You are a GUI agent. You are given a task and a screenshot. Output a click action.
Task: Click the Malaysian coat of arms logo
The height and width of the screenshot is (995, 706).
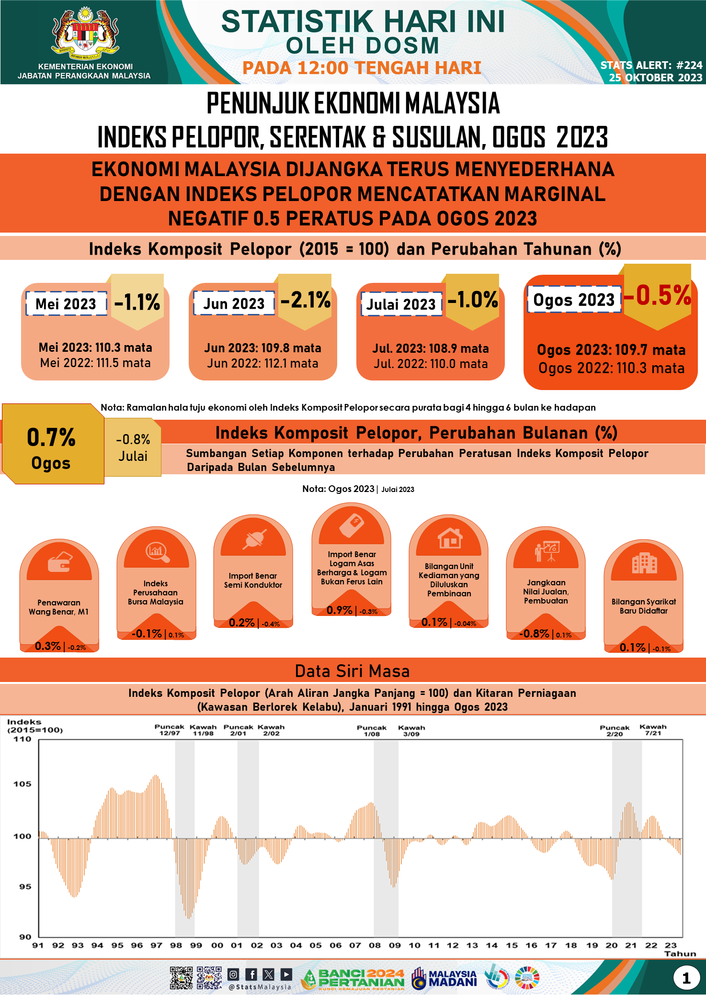(85, 32)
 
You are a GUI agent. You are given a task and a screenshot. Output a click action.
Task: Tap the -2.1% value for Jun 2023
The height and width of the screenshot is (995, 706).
(305, 300)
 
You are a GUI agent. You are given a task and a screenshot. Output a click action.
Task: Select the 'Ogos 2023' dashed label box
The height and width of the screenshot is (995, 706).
(574, 300)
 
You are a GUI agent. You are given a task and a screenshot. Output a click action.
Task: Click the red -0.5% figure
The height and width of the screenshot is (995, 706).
(658, 295)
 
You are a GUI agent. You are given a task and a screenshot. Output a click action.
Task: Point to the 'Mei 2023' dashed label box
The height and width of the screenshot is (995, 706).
(66, 304)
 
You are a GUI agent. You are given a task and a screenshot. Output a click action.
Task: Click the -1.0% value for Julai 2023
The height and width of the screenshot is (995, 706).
(473, 300)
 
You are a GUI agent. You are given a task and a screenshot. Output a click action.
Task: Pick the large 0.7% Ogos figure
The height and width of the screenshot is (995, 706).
(51, 437)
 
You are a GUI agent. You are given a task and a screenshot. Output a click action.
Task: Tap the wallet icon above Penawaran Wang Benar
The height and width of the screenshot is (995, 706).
(59, 561)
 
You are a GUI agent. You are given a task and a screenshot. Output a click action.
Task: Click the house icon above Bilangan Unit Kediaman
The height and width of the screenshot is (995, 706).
(449, 538)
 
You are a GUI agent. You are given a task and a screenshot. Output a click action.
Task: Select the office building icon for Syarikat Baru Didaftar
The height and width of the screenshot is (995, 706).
(644, 563)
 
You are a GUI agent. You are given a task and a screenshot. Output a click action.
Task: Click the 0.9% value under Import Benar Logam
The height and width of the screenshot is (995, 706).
(339, 610)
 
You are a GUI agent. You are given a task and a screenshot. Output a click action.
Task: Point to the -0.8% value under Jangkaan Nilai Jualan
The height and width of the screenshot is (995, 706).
(534, 634)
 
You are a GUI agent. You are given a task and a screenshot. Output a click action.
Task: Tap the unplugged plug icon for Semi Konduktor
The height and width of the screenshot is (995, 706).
(253, 539)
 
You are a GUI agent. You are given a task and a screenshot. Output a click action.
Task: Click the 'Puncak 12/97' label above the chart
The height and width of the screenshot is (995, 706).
(169, 730)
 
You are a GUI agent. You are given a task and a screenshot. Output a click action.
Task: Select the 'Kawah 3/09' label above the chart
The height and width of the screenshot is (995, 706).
(411, 730)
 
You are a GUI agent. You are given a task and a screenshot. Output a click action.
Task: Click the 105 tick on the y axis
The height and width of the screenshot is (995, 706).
(23, 784)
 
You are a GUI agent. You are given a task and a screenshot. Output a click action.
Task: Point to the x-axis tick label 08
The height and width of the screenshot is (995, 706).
(375, 945)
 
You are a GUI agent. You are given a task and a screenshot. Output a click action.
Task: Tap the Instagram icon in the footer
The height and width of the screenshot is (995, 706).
(233, 974)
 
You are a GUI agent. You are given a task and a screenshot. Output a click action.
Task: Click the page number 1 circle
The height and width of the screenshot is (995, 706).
(686, 978)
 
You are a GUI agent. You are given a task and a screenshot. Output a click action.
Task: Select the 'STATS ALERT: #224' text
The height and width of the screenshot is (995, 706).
(651, 65)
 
